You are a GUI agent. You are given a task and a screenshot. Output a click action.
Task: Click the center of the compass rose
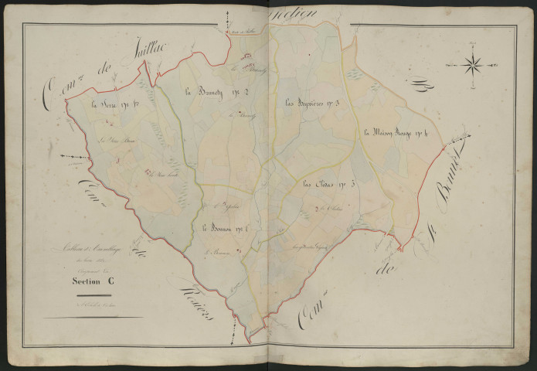(x=473, y=65)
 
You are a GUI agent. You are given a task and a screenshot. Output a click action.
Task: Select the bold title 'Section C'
(x=89, y=281)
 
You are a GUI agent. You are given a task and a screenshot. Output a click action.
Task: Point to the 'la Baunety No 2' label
(x=209, y=92)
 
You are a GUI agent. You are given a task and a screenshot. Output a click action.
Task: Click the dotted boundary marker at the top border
(x=229, y=23)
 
